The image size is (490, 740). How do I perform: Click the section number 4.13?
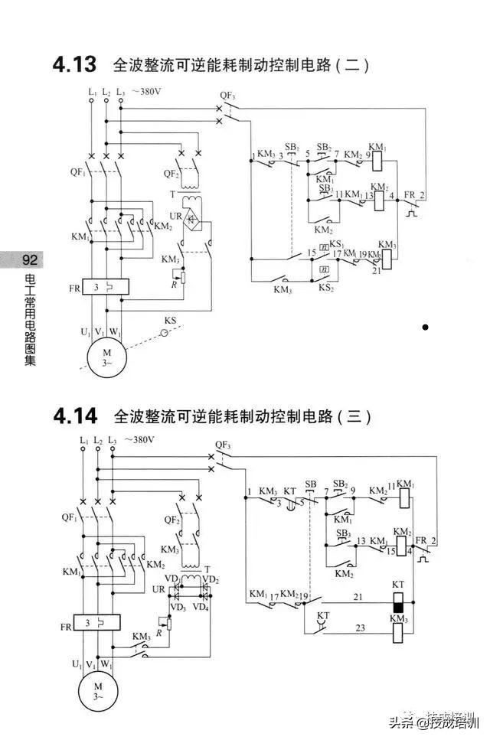[74, 64]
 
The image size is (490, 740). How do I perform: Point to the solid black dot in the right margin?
[425, 328]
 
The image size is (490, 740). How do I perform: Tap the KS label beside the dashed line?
[170, 320]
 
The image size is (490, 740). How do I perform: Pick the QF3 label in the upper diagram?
[227, 96]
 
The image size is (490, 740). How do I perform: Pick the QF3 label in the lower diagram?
[224, 444]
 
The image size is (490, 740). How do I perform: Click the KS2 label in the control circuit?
[326, 289]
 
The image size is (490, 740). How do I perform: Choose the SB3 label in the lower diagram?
[345, 533]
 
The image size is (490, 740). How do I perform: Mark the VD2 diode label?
[211, 579]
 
